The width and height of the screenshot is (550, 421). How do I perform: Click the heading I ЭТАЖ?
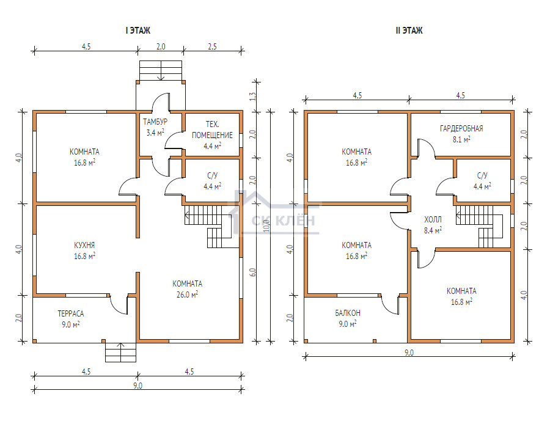[x=137, y=30]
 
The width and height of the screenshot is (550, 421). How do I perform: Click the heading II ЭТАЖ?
[x=408, y=30]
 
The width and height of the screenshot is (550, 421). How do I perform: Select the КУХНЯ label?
[x=84, y=246]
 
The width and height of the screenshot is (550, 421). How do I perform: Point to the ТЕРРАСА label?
[x=71, y=313]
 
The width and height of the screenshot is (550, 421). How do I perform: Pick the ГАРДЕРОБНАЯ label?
[x=461, y=128]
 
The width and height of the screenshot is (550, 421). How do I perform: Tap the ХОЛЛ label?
[x=433, y=219]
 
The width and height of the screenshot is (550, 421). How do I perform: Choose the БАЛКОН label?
[x=347, y=313]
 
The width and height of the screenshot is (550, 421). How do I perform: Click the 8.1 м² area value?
[x=461, y=139]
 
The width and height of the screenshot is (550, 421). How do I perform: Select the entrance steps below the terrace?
[x=120, y=353]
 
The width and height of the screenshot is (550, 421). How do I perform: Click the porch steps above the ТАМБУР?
[x=161, y=70]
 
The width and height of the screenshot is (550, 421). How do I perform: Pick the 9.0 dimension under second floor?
[x=408, y=353]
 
